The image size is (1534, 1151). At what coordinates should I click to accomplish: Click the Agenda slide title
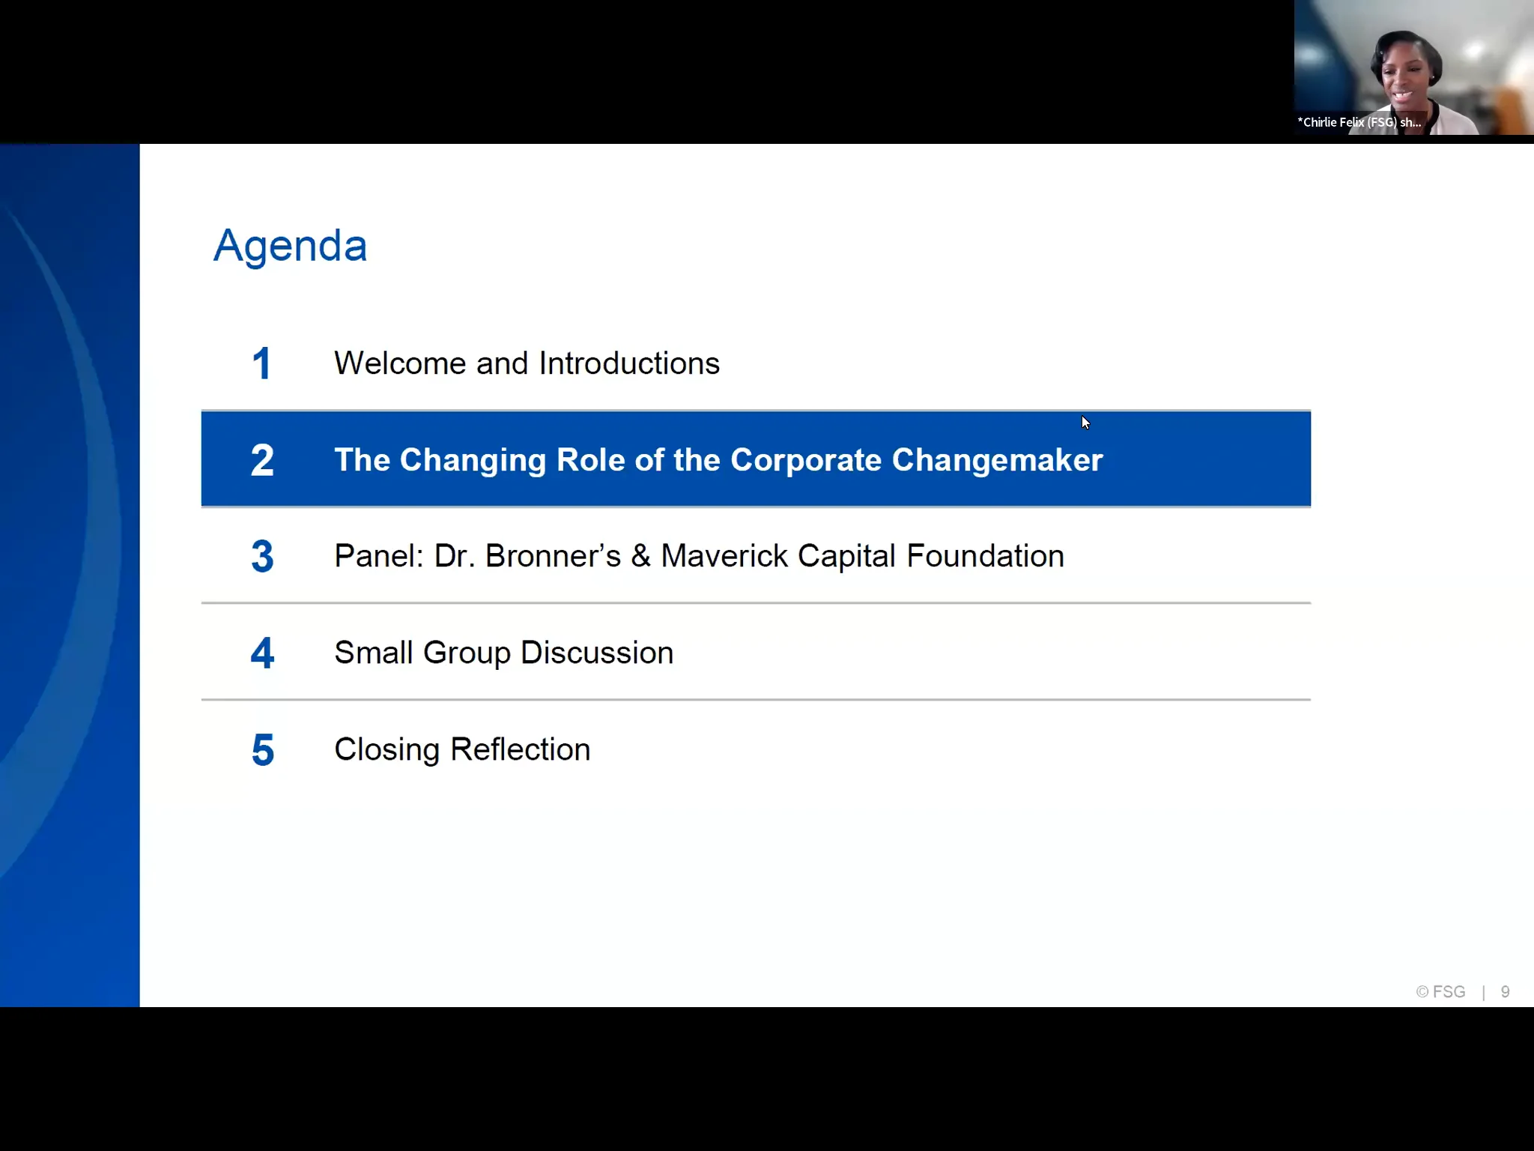click(x=290, y=246)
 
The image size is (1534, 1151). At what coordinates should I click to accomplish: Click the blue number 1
click(x=261, y=363)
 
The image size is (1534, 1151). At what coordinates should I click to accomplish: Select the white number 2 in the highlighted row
click(x=262, y=460)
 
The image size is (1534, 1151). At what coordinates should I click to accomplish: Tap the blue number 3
click(x=262, y=557)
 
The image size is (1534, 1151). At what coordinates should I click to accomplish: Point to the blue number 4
click(x=262, y=653)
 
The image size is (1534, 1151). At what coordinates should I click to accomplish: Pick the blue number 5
click(x=263, y=750)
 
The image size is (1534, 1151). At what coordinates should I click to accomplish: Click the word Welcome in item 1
click(x=400, y=363)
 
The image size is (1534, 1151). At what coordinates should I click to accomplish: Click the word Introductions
click(x=629, y=363)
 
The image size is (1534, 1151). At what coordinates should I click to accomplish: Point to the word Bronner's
click(x=553, y=556)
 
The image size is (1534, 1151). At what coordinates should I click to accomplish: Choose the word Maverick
click(x=724, y=556)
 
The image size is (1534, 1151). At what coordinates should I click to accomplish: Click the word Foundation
click(x=985, y=556)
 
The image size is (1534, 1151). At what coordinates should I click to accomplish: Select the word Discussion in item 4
click(x=597, y=653)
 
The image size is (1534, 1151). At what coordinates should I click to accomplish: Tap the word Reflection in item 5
click(x=521, y=749)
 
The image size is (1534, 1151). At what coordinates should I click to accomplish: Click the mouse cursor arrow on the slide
click(x=1085, y=423)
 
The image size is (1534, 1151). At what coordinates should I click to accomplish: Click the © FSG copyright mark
click(x=1440, y=992)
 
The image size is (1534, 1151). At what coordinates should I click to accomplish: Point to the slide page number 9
click(x=1505, y=992)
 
